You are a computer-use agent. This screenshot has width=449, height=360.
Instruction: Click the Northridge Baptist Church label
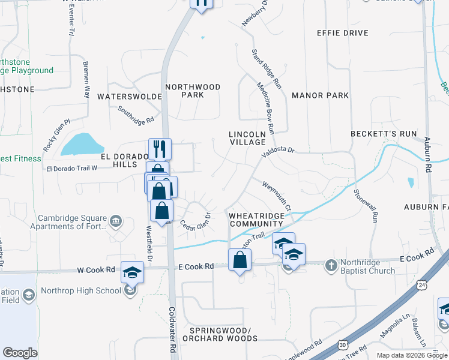tap(367, 266)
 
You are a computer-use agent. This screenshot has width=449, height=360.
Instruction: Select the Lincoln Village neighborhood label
tap(247, 138)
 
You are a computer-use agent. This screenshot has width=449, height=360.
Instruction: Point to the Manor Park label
tap(320, 95)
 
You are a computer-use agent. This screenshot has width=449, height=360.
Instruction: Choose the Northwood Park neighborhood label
tap(193, 91)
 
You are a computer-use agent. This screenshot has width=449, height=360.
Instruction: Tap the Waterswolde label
tap(130, 96)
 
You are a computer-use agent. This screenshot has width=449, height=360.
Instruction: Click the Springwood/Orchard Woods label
tap(223, 334)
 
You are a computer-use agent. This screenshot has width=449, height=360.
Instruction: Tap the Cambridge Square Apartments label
tap(72, 223)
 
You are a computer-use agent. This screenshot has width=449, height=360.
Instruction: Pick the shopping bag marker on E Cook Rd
tap(240, 261)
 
